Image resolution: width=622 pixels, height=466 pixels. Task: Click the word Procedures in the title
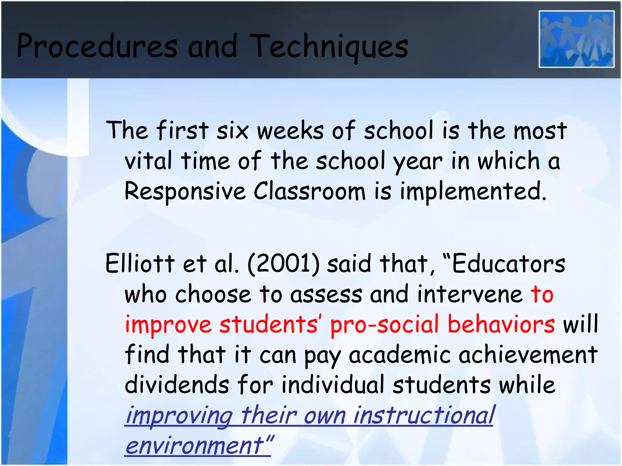97,46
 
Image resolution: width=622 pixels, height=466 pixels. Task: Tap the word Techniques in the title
329,46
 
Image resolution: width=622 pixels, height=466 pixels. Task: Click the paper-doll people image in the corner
576,39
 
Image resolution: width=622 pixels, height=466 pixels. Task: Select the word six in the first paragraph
232,131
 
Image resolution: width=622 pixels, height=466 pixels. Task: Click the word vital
149,161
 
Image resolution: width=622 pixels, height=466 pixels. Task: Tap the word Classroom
309,191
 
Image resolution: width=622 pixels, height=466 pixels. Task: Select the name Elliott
140,263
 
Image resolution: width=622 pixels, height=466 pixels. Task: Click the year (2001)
284,263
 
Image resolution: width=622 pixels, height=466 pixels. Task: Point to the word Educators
508,263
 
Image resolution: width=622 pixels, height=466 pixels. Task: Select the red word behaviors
501,324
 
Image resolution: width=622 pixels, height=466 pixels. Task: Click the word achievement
528,354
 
